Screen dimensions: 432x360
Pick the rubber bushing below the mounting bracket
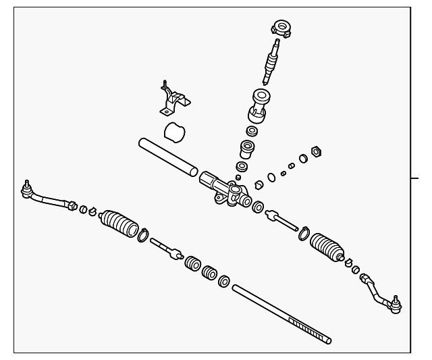[x=175, y=131]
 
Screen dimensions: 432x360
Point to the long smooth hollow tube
[x=168, y=157]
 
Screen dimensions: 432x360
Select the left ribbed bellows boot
[x=119, y=226]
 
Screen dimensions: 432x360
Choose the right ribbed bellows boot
[x=328, y=249]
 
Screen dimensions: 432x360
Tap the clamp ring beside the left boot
[x=143, y=235]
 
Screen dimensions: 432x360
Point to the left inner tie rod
[x=165, y=248]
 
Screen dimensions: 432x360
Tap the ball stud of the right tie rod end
[x=395, y=304]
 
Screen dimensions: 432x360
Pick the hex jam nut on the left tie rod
[x=72, y=204]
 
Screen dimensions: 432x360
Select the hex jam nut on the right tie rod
[x=365, y=278]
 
